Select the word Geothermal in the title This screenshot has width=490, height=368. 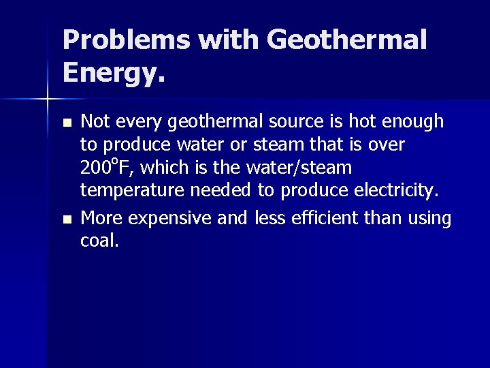coord(347,42)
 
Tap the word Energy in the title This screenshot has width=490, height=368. coord(109,72)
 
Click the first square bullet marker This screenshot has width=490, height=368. coord(66,124)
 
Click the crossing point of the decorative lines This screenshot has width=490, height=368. coord(48,99)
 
